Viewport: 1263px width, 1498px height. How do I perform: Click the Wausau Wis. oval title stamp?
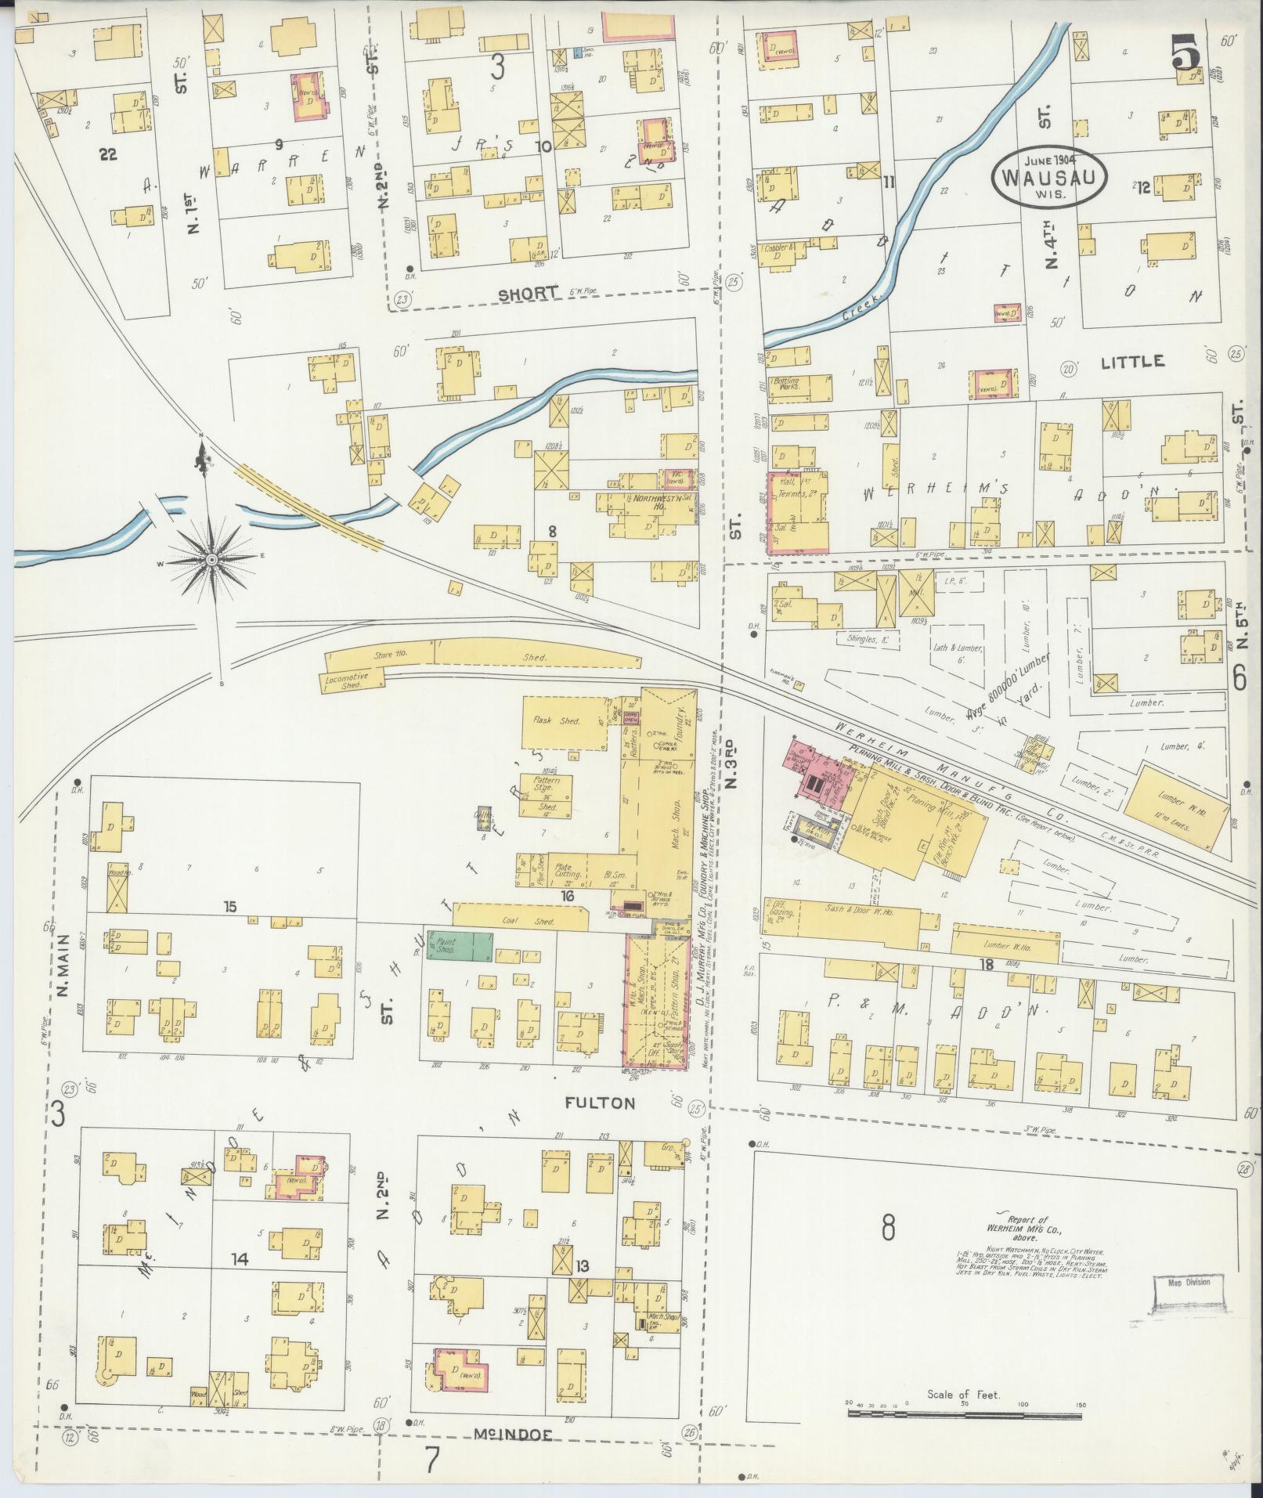(x=1048, y=176)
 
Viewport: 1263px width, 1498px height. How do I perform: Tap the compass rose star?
(x=212, y=561)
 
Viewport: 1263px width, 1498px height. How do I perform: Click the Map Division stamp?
(x=1189, y=1282)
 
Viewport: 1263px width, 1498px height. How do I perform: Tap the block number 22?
(x=107, y=155)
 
